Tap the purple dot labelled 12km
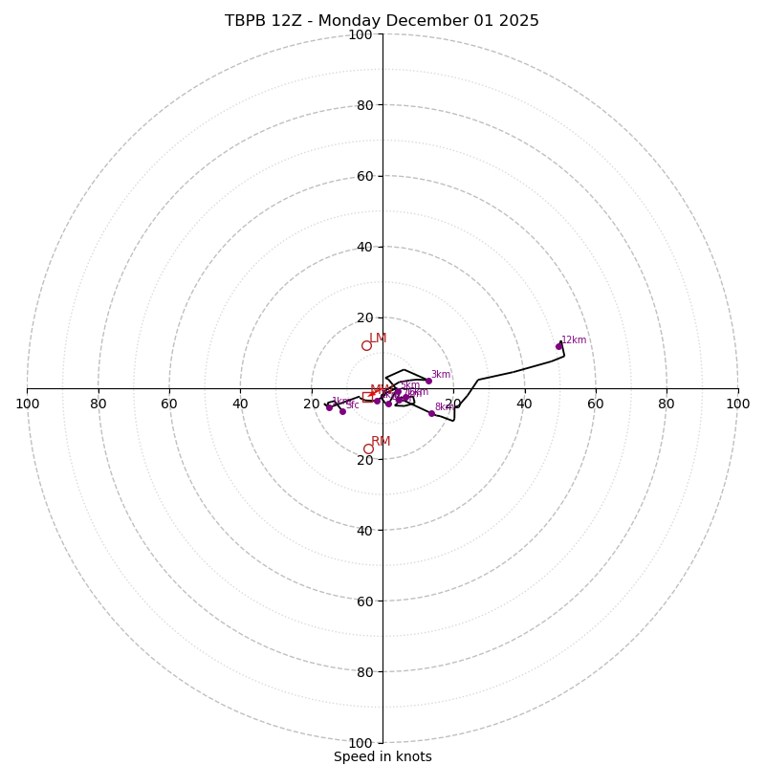click(x=559, y=346)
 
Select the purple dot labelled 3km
click(x=428, y=381)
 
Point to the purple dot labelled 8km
click(x=431, y=413)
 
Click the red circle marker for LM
click(x=366, y=345)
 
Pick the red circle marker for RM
click(x=368, y=448)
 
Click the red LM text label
click(x=378, y=338)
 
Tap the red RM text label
click(x=381, y=441)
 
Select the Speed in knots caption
click(x=382, y=756)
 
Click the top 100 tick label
click(x=361, y=34)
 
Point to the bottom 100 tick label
click(x=361, y=743)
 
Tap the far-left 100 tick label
click(x=28, y=404)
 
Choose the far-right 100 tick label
click(x=737, y=404)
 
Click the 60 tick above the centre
click(x=364, y=176)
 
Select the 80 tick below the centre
click(x=364, y=672)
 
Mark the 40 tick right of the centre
click(x=524, y=404)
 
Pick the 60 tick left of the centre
click(x=169, y=404)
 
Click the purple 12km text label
click(x=574, y=339)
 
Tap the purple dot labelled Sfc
click(x=342, y=411)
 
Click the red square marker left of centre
click(x=365, y=398)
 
